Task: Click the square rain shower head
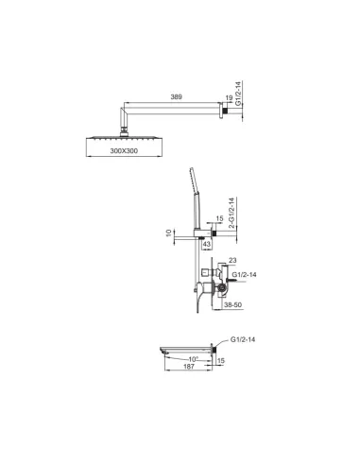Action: (123, 136)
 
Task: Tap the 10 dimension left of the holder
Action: (169, 231)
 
